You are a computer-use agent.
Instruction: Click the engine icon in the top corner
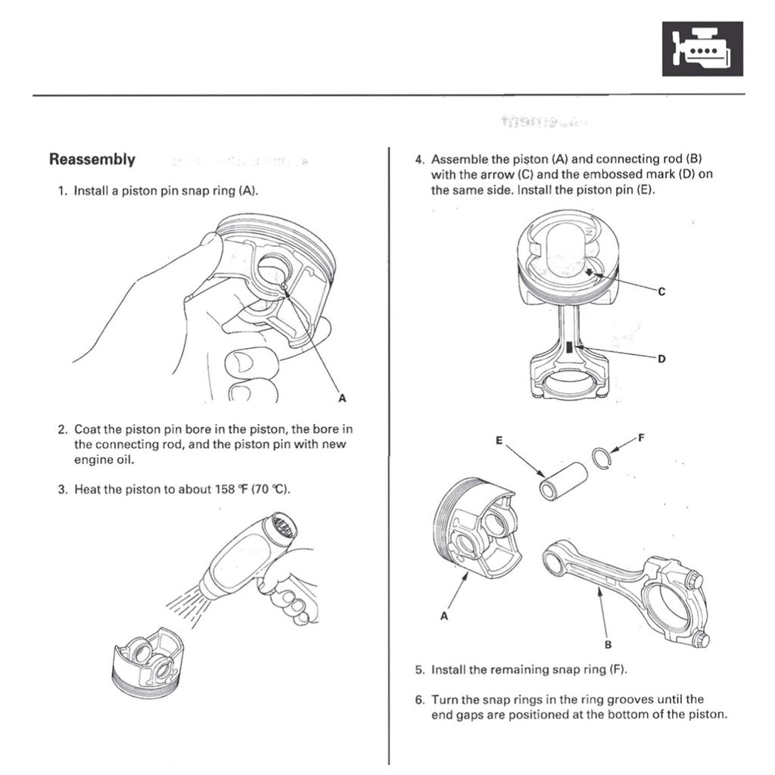click(702, 48)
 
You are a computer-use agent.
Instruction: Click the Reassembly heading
click(92, 160)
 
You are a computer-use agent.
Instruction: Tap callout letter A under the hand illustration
click(341, 398)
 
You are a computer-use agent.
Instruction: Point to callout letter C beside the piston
click(661, 291)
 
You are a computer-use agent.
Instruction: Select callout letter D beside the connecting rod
click(661, 359)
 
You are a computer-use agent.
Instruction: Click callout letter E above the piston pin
click(500, 440)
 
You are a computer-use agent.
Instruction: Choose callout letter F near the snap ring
click(642, 437)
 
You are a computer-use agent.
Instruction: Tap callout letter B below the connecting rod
click(608, 645)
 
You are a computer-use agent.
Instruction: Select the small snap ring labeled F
click(602, 457)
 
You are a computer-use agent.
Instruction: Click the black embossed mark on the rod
click(569, 348)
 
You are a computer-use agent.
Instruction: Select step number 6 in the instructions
click(419, 699)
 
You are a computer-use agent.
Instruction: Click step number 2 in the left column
click(62, 429)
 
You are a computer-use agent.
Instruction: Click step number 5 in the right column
click(419, 670)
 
